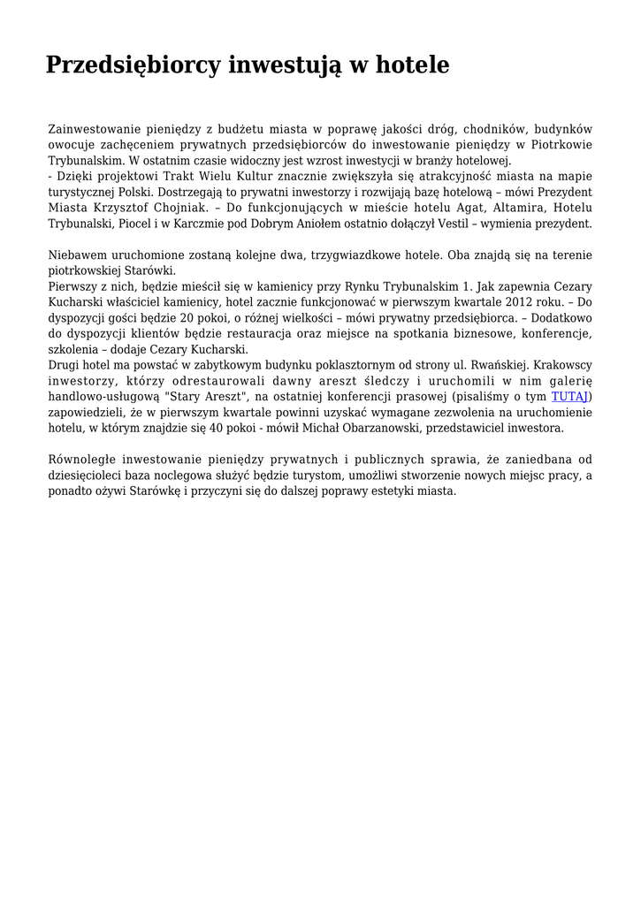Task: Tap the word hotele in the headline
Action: pyautogui.click(x=412, y=65)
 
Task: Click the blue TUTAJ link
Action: pyautogui.click(x=569, y=397)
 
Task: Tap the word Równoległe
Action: pyautogui.click(x=81, y=460)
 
